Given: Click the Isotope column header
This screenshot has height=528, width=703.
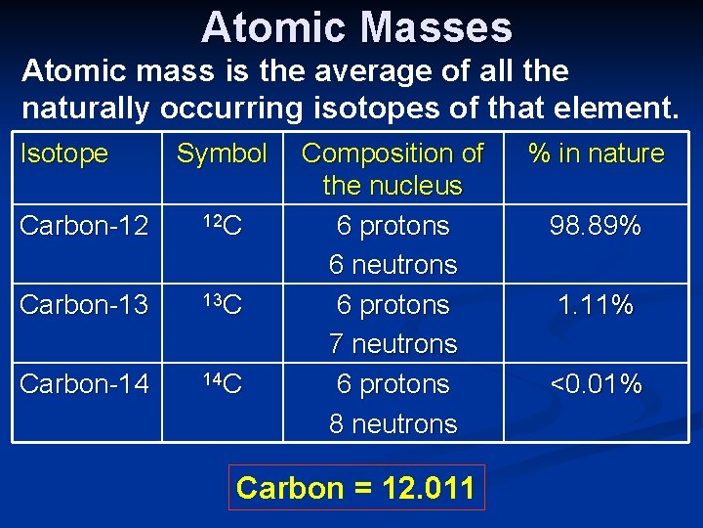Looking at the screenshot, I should point(64,154).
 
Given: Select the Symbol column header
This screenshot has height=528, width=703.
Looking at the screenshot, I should point(222,154).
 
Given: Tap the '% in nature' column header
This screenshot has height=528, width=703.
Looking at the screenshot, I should point(596,154).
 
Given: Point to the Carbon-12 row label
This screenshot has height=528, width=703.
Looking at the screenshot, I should point(84,226).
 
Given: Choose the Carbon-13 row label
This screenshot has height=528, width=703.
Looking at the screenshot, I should point(84,305).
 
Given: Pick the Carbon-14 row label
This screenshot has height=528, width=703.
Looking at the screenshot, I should point(84,384).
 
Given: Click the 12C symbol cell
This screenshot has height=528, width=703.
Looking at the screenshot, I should point(222,226).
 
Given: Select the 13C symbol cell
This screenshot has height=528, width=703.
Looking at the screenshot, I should point(222,305).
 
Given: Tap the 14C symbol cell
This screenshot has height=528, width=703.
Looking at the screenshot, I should point(222,383).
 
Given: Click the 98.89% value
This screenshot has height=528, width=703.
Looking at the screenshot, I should point(596,227).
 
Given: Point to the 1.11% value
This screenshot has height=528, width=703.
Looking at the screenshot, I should point(596,306).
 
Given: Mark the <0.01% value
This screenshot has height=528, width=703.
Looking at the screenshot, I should point(596,384).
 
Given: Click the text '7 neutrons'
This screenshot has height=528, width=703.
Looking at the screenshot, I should point(393,344).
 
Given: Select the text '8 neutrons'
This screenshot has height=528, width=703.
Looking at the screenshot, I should point(393,423).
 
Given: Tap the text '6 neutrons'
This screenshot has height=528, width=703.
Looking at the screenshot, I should point(393,265).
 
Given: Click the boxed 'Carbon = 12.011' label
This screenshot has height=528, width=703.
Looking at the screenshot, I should point(355,487).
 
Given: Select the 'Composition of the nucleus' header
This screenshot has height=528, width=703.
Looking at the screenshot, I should point(393,169).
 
